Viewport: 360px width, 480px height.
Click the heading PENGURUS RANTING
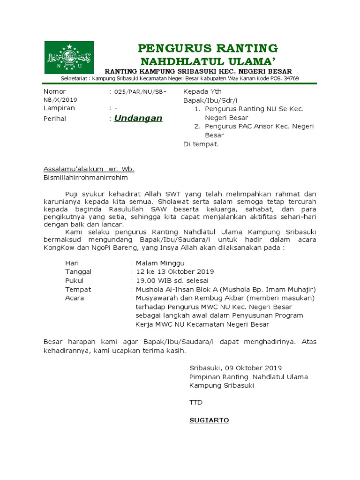click(208, 48)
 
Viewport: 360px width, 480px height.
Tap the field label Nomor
click(55, 91)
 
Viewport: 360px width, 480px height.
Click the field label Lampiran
click(59, 108)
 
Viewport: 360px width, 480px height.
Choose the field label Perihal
click(55, 119)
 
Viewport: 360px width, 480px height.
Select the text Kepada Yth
click(202, 91)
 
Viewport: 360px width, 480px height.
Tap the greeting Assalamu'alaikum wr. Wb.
click(89, 169)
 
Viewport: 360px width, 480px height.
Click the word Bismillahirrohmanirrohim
click(85, 178)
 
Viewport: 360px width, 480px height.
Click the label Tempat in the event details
click(78, 290)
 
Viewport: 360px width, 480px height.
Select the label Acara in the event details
click(75, 298)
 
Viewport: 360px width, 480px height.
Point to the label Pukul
click(74, 281)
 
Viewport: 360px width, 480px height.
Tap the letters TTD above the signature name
click(196, 403)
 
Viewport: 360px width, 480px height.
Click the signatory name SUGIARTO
click(209, 420)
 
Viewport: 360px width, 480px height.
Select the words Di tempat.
click(201, 144)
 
